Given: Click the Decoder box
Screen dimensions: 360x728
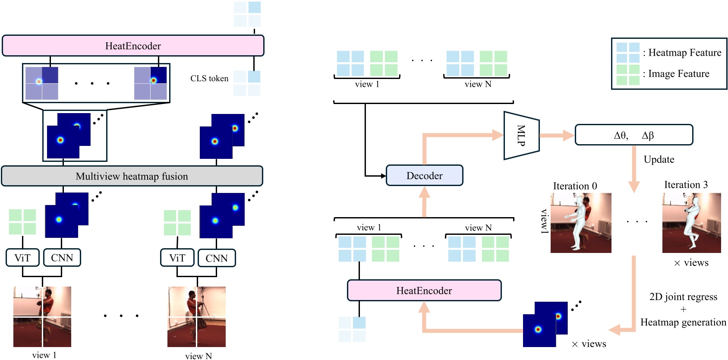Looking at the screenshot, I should tap(424, 176).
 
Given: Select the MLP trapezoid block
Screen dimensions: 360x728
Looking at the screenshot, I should tap(521, 136).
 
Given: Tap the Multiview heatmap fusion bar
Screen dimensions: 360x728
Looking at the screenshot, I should tap(132, 176).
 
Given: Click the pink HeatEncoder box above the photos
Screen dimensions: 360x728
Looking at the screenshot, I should tap(133, 46).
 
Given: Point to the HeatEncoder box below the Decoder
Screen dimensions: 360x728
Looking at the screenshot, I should tap(424, 291).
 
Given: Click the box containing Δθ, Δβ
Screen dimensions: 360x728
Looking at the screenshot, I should tap(633, 135).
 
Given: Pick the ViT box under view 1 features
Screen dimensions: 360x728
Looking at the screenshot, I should tap(22, 258).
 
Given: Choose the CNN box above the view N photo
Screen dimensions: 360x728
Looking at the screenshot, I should tap(217, 258).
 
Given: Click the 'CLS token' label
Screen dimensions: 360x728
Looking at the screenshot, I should tap(209, 79).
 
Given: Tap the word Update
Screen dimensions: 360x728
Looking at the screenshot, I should tap(659, 159).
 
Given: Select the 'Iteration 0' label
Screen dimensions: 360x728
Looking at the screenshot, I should tap(575, 186).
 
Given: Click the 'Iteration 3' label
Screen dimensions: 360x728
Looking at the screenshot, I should tap(686, 185).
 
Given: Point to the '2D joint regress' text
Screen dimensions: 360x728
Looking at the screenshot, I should tap(683, 297).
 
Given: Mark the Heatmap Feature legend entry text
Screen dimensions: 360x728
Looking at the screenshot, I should tap(684, 53).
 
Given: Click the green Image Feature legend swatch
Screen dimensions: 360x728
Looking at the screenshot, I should tap(627, 75).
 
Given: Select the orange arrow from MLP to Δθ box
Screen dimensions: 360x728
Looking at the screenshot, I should tap(556, 136).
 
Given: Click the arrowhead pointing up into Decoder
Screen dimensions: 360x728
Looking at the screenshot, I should tap(425, 193).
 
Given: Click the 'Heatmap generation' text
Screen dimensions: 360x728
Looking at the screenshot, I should tap(683, 322).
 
